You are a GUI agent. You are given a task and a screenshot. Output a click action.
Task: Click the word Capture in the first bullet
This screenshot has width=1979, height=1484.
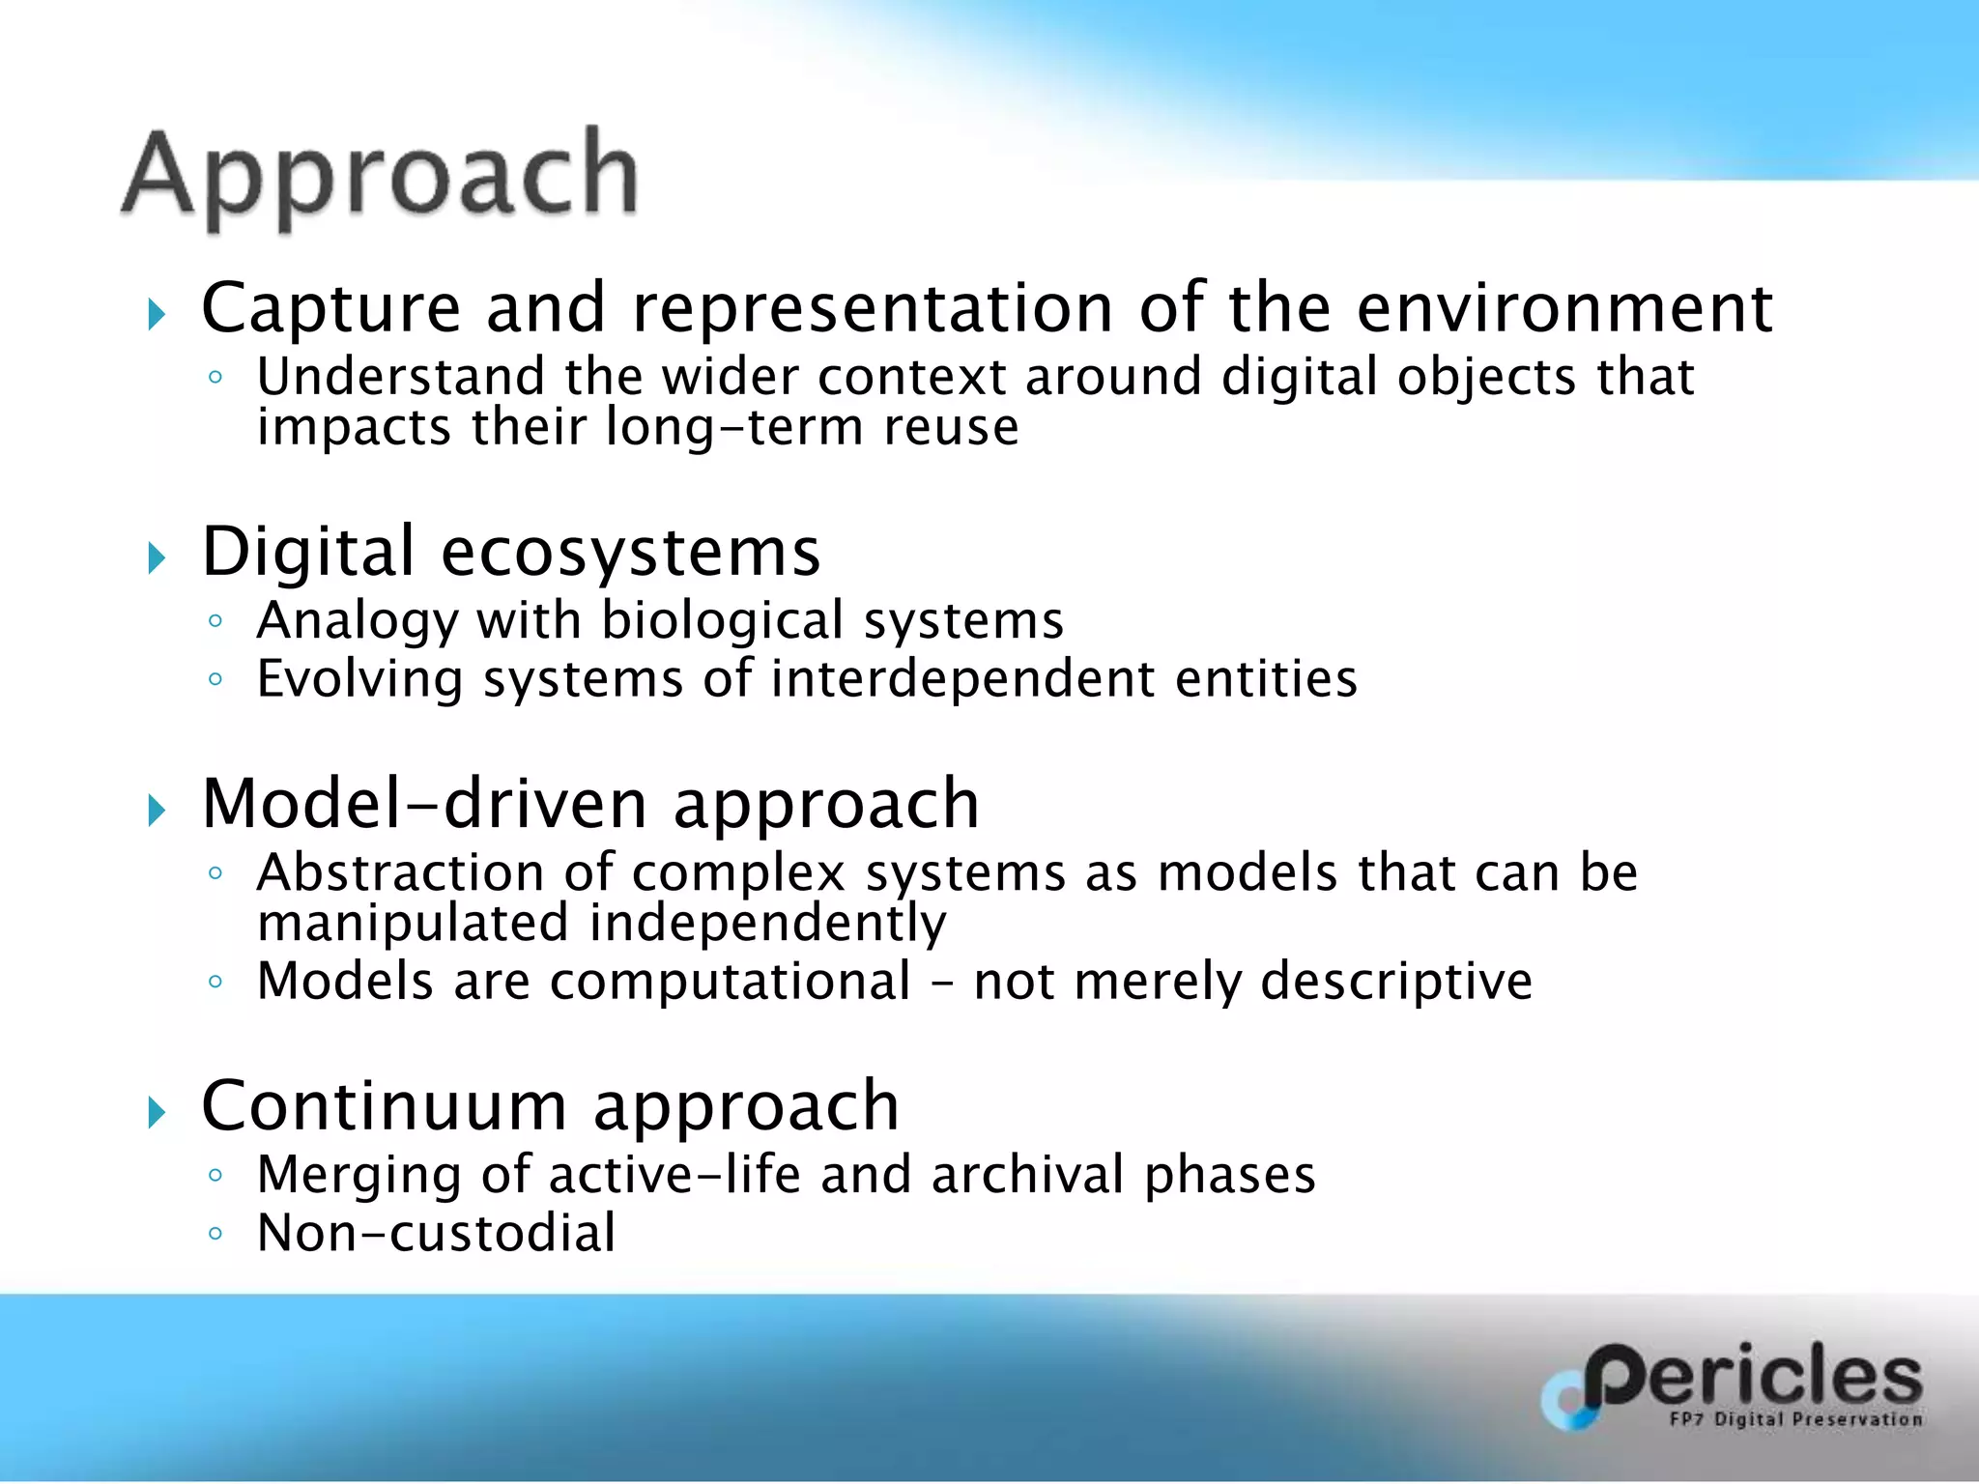(330, 309)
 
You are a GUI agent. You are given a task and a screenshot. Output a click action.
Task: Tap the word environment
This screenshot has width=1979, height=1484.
(1564, 309)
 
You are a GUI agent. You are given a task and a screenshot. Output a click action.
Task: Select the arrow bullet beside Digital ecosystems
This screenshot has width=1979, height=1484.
(157, 557)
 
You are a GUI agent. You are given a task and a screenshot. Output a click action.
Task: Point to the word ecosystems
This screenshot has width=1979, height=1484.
(630, 553)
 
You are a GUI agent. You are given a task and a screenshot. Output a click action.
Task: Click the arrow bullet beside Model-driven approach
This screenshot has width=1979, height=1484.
(157, 811)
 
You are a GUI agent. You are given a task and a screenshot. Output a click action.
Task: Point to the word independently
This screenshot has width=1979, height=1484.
(768, 924)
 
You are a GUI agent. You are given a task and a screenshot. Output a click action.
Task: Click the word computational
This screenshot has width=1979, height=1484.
(731, 982)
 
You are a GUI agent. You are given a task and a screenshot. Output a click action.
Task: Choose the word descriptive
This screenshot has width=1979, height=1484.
(1396, 982)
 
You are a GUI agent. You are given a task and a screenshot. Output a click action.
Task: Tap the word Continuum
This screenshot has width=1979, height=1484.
(384, 1106)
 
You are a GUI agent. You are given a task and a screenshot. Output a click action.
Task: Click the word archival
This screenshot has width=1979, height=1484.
(1028, 1175)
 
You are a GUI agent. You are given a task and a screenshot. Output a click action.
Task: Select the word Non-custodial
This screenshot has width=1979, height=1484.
(436, 1234)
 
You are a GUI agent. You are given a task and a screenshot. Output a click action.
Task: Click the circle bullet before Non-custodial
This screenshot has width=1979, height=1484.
(215, 1234)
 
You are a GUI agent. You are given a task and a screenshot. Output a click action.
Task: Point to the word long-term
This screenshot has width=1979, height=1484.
(733, 427)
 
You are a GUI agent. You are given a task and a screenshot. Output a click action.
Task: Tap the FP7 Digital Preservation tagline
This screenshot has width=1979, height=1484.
(1795, 1419)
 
